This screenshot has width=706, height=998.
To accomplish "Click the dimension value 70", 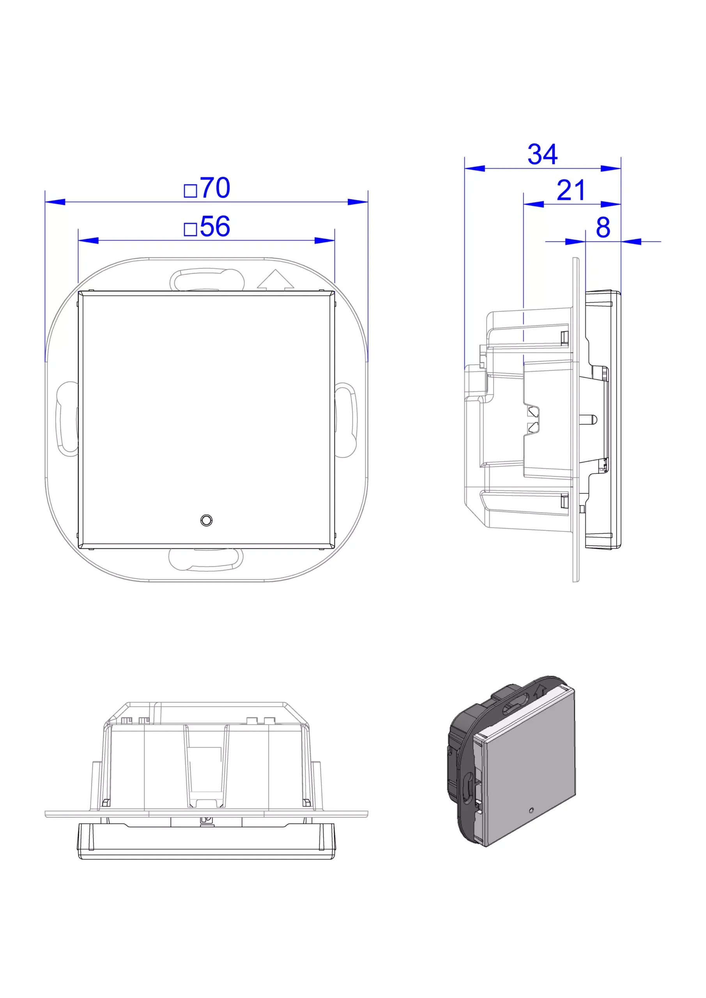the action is pyautogui.click(x=216, y=188).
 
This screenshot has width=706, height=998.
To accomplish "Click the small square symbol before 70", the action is pyautogui.click(x=190, y=191).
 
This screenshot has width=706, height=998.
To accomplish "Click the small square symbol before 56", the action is pyautogui.click(x=190, y=229).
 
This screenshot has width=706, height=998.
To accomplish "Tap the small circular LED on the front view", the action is pyautogui.click(x=207, y=520).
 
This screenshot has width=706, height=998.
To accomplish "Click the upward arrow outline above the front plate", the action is pyautogui.click(x=276, y=280).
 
